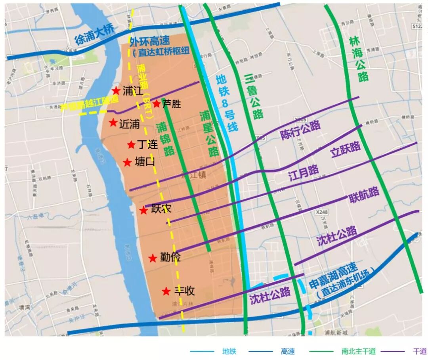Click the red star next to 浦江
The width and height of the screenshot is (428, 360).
coord(116,91)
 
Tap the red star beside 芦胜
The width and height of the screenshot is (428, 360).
coord(157,104)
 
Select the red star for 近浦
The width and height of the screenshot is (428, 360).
coord(113,123)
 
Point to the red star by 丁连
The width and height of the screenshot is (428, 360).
coord(131,145)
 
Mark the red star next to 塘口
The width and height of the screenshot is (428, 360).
coord(127,163)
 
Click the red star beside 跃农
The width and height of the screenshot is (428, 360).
coord(143,211)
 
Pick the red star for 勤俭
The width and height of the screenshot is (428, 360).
coord(153,259)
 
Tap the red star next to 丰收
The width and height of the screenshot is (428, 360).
coord(166,291)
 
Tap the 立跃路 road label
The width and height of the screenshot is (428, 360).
coord(346,149)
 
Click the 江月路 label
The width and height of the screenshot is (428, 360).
coord(304,173)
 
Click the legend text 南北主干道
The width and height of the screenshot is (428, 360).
coord(358,351)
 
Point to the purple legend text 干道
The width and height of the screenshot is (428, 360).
coord(419,351)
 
